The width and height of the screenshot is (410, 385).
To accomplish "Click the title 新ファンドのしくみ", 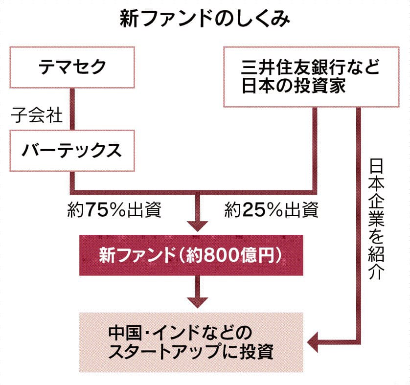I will [x=205, y=20].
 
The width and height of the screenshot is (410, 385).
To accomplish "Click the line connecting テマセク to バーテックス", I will [x=72, y=109].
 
